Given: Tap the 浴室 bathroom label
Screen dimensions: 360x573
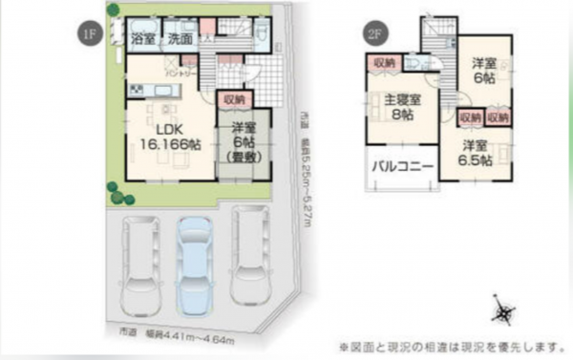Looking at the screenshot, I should [143, 39].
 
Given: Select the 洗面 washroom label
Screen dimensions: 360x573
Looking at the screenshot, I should [180, 39].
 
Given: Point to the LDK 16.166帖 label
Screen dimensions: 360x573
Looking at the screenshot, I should [169, 136].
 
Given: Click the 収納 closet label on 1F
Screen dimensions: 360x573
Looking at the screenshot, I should [234, 98].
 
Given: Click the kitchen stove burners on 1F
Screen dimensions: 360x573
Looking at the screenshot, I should [135, 91].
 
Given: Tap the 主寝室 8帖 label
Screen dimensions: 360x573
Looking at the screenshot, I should [400, 106].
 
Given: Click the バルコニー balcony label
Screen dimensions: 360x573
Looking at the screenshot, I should [402, 166].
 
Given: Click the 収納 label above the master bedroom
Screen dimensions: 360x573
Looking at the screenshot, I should [384, 62].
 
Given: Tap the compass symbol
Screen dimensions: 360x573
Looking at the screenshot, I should [504, 311].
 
